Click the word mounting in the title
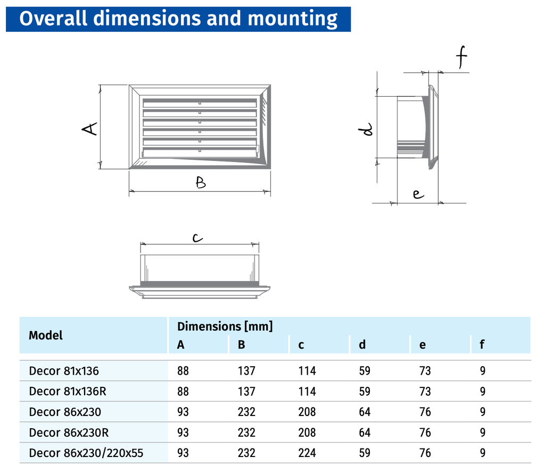click(293, 18)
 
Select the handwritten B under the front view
click(200, 183)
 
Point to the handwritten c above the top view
click(197, 239)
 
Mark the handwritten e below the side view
click(418, 194)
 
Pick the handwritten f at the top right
click(461, 58)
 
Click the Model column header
click(46, 335)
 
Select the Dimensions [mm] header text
click(225, 326)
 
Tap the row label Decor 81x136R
click(68, 392)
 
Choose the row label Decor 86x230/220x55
click(86, 453)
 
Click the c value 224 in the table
click(307, 453)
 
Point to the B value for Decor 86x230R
click(246, 433)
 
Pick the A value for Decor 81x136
click(183, 371)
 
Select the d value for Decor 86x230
click(365, 412)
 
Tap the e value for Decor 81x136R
click(425, 392)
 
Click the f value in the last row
click(482, 453)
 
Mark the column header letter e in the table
click(422, 345)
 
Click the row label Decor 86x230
click(65, 412)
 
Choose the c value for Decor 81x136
click(307, 371)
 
